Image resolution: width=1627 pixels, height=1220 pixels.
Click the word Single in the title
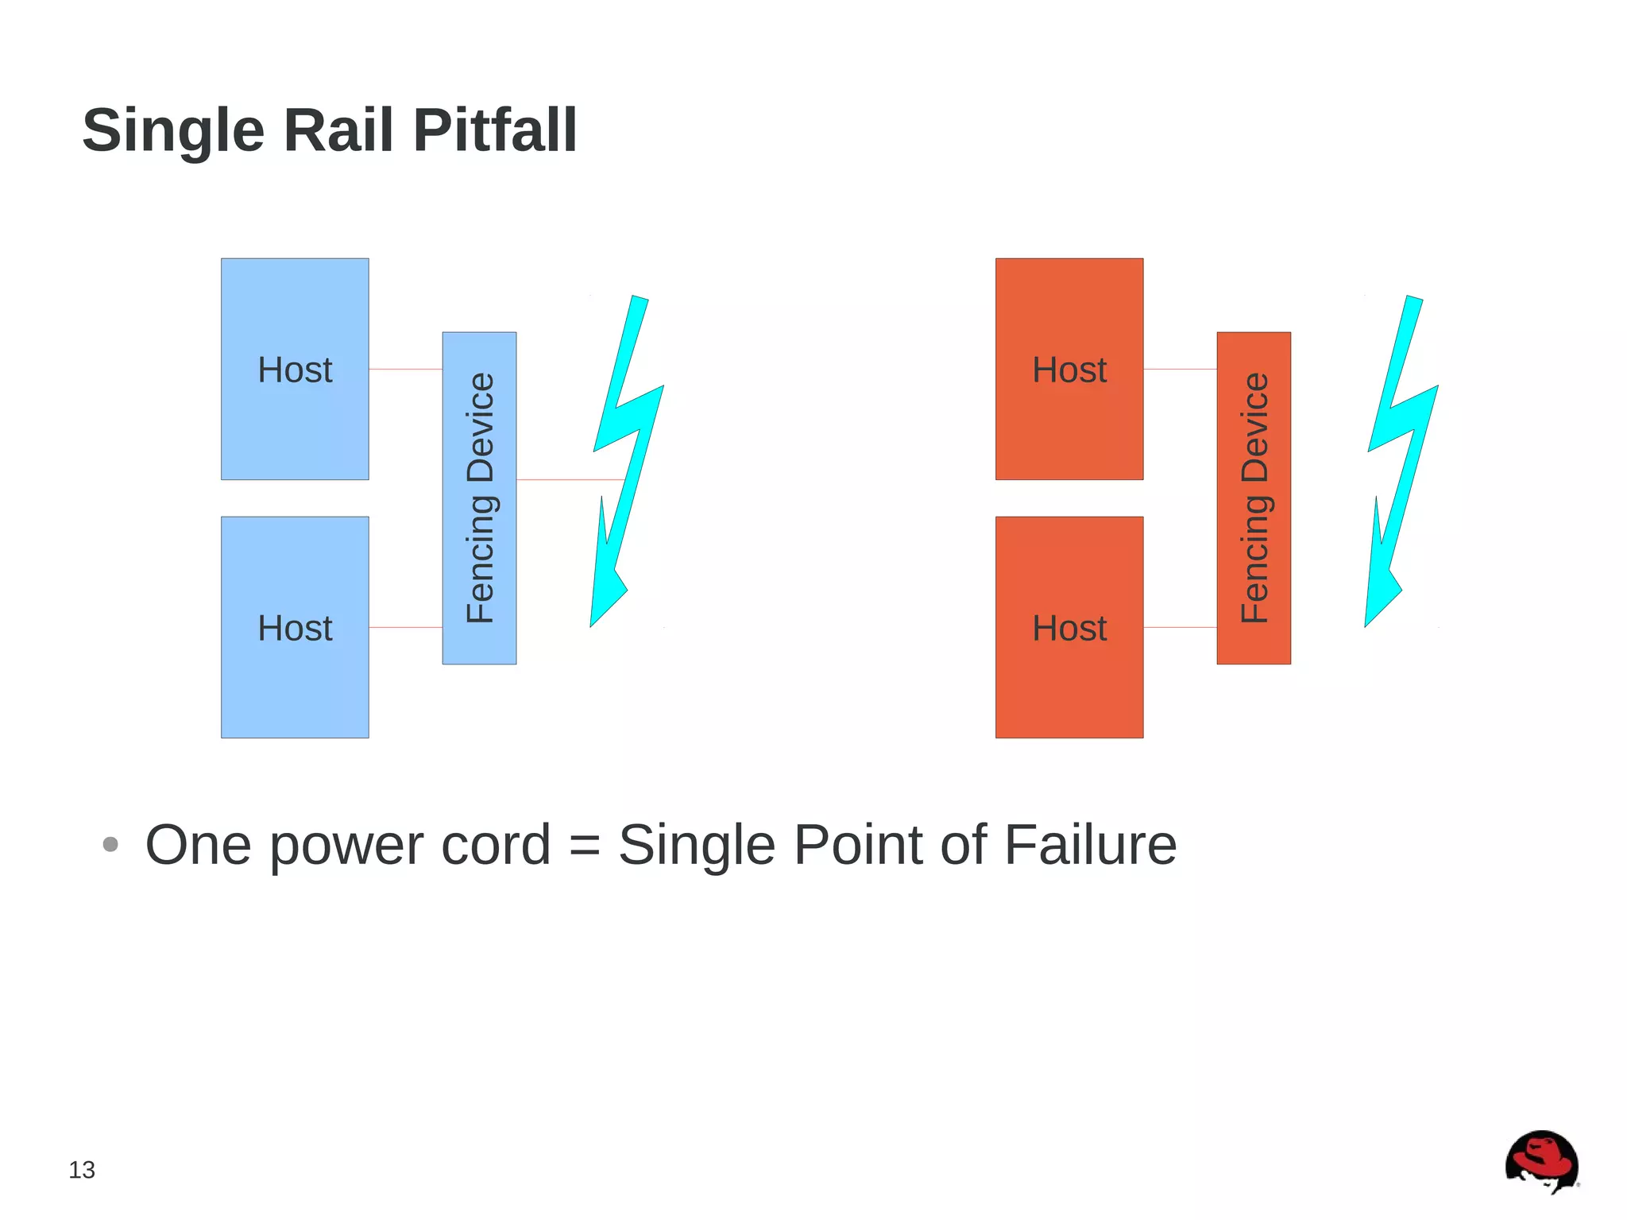(x=173, y=131)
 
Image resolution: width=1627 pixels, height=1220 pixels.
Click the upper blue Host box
(x=295, y=421)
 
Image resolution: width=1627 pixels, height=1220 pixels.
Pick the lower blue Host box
(x=295, y=684)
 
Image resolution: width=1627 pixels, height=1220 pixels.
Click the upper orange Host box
(x=1069, y=421)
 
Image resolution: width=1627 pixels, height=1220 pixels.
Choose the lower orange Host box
(x=1069, y=684)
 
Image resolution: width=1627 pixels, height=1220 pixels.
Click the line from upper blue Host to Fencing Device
(x=405, y=370)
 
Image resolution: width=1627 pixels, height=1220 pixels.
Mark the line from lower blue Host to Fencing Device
(x=405, y=628)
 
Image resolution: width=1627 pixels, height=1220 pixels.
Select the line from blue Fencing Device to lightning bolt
(x=568, y=480)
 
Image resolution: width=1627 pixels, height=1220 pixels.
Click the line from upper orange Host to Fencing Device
(x=1180, y=370)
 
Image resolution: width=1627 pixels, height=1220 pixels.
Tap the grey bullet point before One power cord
(x=110, y=844)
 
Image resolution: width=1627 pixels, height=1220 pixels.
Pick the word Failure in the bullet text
(x=1090, y=845)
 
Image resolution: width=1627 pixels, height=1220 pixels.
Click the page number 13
(x=82, y=1170)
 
